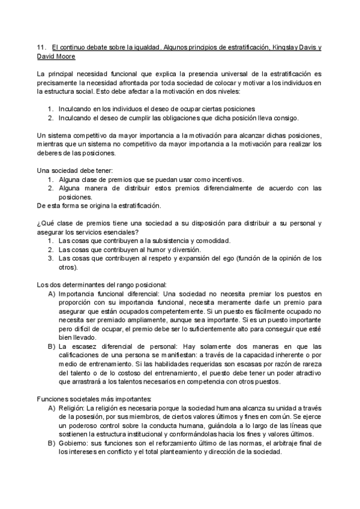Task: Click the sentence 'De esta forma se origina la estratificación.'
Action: tap(98, 205)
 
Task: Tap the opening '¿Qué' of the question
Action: tap(45, 223)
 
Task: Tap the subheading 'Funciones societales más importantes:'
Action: tap(94, 399)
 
